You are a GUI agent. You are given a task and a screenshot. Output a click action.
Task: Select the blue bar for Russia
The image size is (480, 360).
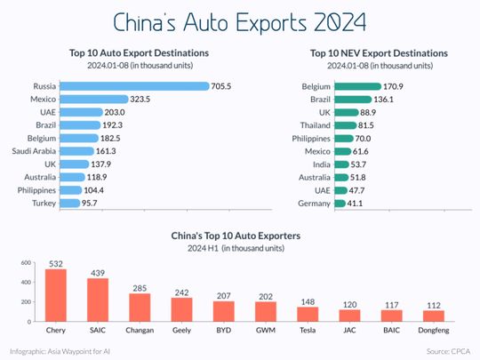134,86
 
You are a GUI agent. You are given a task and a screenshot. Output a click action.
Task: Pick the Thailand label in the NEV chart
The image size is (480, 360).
313,125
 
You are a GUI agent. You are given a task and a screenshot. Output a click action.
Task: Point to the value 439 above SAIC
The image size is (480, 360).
97,271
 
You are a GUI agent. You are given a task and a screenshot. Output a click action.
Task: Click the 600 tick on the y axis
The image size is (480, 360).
27,262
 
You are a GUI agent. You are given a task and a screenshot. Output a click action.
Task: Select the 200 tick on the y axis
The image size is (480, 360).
27,301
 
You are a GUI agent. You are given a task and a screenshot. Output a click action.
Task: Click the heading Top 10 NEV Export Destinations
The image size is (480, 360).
379,53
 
